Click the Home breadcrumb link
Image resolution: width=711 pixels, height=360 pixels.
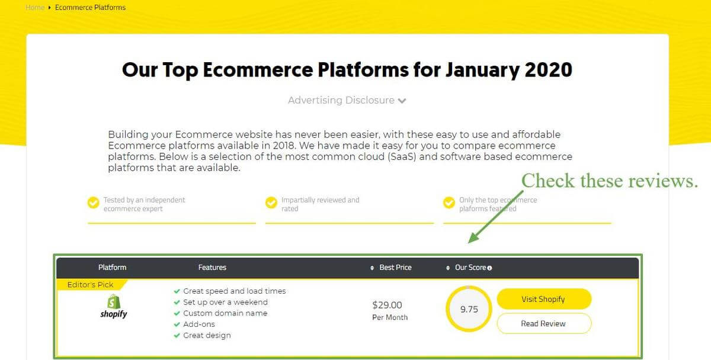coord(35,7)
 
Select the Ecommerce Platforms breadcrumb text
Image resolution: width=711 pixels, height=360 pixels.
coord(90,7)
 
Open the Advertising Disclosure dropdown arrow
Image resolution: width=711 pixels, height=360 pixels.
coord(402,101)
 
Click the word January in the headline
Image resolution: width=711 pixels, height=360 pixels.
coord(482,70)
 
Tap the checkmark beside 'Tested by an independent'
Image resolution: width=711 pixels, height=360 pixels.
coord(94,202)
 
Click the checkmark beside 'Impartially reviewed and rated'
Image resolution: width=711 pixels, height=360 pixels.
coord(271,202)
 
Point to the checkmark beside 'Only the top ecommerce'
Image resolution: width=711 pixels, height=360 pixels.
coord(449,202)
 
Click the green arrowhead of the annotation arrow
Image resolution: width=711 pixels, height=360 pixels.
coord(473,238)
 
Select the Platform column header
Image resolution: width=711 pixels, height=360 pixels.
coord(112,268)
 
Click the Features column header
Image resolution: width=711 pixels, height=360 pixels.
coord(212,268)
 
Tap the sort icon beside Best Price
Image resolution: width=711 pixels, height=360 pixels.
coord(372,268)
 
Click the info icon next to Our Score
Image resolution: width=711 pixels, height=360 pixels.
coord(489,268)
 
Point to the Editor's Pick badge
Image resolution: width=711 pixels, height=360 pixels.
coord(91,285)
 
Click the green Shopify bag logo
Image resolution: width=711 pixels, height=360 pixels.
coord(114,301)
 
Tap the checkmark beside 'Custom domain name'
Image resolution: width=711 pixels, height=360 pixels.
coord(177,313)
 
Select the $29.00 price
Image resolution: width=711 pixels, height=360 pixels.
coord(387,305)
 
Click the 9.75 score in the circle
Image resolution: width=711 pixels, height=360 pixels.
coord(469,309)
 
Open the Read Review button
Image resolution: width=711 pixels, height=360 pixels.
coord(544,323)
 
